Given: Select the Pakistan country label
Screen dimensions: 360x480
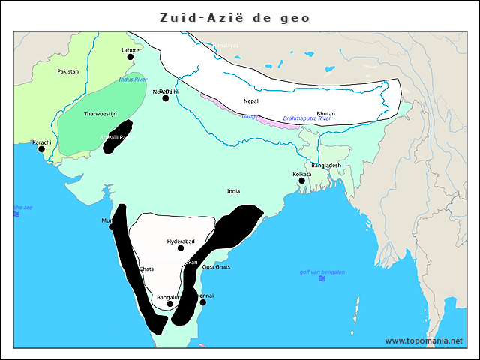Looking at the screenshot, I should (x=67, y=71).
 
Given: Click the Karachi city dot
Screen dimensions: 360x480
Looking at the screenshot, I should (x=42, y=149).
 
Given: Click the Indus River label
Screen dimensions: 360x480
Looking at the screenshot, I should (x=133, y=79).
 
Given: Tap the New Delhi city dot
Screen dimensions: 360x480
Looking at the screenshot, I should (x=166, y=97).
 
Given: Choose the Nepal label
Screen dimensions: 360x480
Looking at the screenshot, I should (x=251, y=100).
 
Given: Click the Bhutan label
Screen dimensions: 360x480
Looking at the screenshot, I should (x=326, y=113).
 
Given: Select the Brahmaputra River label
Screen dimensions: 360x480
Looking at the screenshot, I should (x=307, y=118).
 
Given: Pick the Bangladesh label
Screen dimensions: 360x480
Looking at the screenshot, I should (x=326, y=165).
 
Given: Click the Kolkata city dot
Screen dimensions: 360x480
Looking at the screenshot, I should (x=301, y=181).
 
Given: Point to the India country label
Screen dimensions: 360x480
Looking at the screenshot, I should (x=233, y=191).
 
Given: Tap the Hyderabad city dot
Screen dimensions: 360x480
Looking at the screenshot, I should (x=181, y=248).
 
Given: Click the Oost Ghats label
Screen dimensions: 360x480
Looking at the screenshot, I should (x=217, y=267).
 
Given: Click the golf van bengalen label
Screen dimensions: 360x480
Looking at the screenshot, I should (x=322, y=271).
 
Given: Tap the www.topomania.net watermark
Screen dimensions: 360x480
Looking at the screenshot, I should (x=424, y=340).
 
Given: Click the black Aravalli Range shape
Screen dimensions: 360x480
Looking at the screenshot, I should (x=118, y=136).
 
